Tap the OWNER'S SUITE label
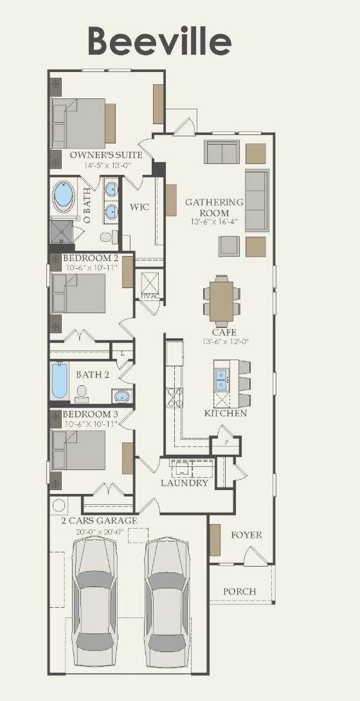point(106,155)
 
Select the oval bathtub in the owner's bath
point(64,196)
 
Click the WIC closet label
point(139,207)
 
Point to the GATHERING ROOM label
point(215,208)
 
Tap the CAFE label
point(224,332)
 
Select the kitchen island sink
point(221,379)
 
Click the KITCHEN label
point(226,413)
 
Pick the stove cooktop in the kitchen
point(174,397)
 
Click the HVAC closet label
point(147,295)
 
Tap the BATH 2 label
point(93,375)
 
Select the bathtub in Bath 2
point(59,381)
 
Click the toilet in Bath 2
point(82,394)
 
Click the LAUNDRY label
point(184,483)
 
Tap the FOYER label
point(247,534)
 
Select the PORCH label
point(240,592)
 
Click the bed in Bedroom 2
point(78,293)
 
